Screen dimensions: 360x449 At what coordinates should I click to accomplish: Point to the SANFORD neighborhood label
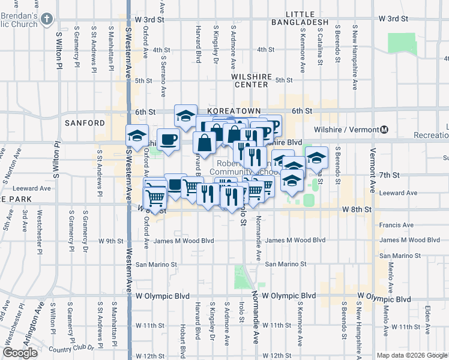click(85, 122)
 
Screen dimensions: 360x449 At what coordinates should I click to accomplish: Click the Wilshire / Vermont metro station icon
click(384, 130)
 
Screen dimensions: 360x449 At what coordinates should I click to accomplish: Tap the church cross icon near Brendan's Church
click(46, 20)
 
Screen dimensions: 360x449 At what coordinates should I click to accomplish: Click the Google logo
click(20, 353)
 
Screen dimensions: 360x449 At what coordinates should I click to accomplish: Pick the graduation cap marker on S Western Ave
click(137, 136)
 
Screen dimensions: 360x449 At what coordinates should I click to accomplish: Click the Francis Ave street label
click(396, 225)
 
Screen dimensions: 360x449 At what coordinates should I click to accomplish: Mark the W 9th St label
click(113, 241)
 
